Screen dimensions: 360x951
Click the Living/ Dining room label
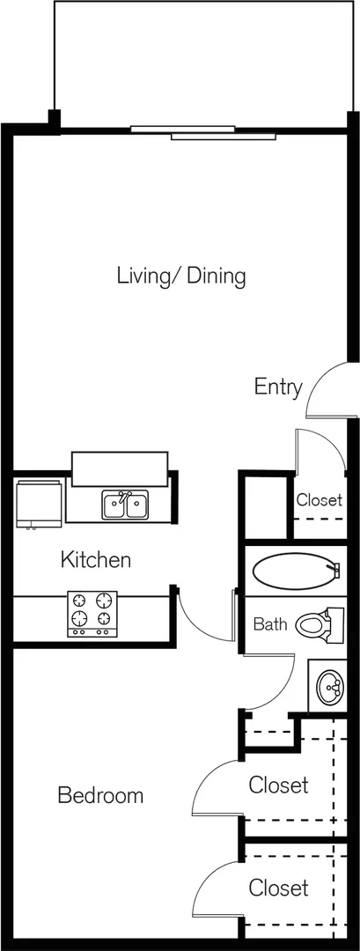(x=181, y=276)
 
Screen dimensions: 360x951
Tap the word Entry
(x=277, y=387)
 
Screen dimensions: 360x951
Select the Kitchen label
(x=96, y=559)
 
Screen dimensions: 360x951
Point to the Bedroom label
(x=100, y=795)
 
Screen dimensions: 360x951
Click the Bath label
(x=270, y=624)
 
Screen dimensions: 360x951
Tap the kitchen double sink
(x=126, y=505)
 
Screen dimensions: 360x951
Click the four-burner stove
(x=92, y=613)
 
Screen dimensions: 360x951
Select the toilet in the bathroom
(x=319, y=624)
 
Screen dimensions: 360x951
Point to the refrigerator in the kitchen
(x=40, y=505)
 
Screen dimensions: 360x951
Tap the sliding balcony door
(x=203, y=132)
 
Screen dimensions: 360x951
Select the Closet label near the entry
(x=320, y=500)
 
